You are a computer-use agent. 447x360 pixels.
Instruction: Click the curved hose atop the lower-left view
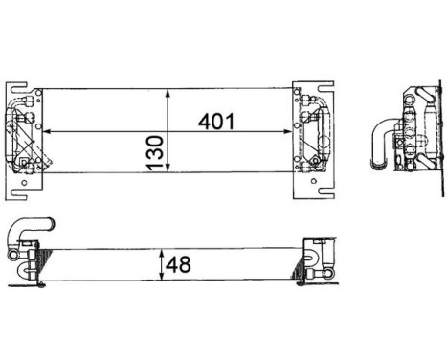tap(29, 228)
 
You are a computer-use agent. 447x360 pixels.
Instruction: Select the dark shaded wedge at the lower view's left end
tap(34, 260)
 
